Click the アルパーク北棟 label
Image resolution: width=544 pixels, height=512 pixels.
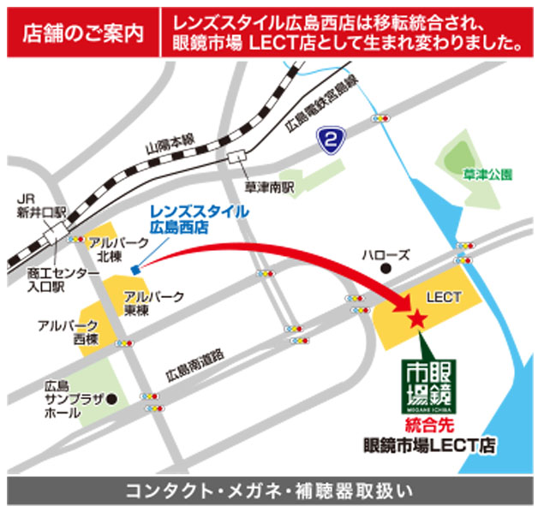point(111,248)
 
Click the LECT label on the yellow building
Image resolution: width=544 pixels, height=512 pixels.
point(444,297)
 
